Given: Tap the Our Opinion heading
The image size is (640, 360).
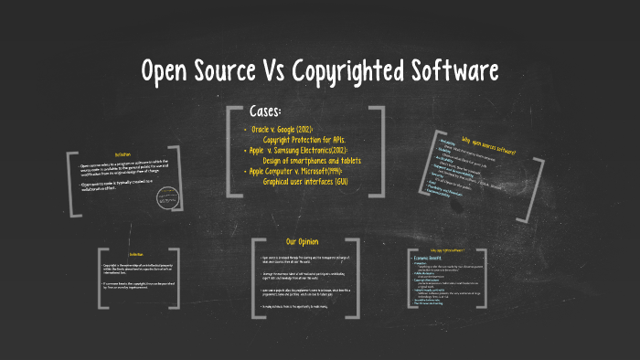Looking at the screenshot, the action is pos(304,241).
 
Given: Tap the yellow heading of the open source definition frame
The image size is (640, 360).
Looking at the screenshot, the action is pos(123,154).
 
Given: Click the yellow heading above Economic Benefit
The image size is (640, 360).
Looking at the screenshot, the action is pos(447,249).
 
